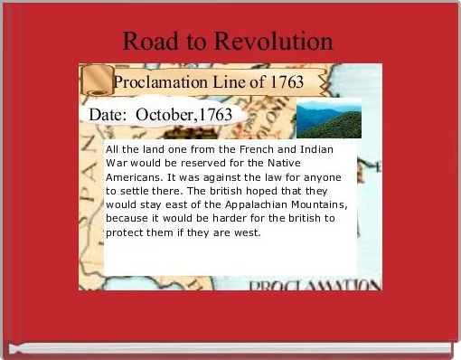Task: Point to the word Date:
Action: [x=114, y=115]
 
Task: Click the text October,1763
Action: [x=191, y=115]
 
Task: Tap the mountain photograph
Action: [x=329, y=118]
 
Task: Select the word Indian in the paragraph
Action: [x=320, y=148]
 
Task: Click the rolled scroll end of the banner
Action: [x=93, y=81]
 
